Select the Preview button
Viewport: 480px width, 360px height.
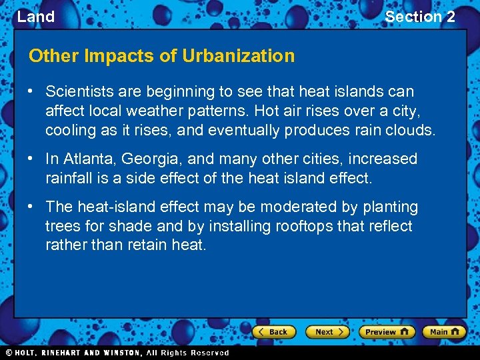(387, 331)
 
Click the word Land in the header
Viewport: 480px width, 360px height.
(36, 17)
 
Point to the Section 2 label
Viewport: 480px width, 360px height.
(420, 17)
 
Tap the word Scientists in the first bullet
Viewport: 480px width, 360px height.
(78, 91)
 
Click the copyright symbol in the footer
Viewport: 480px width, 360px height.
(9, 353)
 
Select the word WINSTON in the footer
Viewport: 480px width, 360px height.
(121, 353)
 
